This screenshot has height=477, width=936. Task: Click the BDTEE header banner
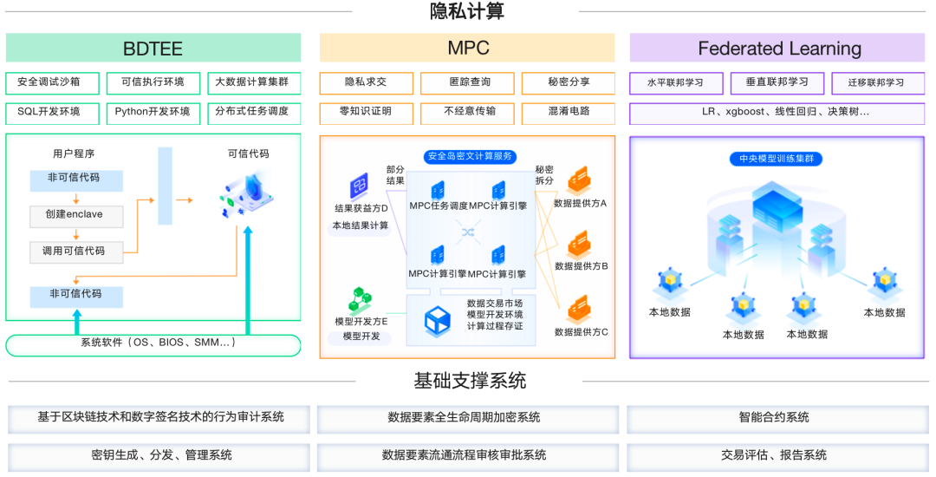coord(153,48)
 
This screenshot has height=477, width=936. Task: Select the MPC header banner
coord(467,48)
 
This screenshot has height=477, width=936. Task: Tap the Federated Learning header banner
coord(777,48)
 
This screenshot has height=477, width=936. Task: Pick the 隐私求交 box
coord(366,83)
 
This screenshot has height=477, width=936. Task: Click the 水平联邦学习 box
coord(675,83)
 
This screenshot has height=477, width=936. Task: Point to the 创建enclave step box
coord(76,215)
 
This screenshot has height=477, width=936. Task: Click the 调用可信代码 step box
coord(76,252)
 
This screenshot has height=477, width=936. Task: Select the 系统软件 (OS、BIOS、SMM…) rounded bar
coord(153,344)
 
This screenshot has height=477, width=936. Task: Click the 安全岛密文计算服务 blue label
coord(469,157)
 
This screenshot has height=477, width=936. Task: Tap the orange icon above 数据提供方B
coord(579,243)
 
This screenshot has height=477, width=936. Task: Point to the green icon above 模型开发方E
coord(360,300)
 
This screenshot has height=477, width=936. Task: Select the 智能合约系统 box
coord(775,418)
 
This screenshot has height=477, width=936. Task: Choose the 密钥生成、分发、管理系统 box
coord(161,455)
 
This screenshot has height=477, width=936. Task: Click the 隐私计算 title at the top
coord(467,11)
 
